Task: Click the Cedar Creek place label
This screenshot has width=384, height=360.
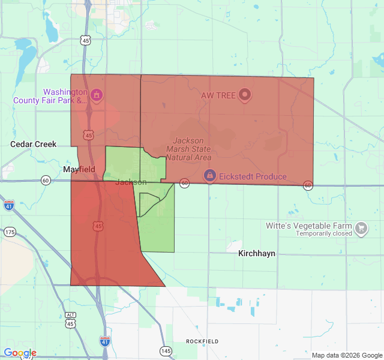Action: click(x=34, y=144)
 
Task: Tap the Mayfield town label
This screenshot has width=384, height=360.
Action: click(x=79, y=170)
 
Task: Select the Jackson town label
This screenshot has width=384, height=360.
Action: click(x=131, y=182)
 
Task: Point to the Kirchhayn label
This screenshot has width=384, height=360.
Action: click(x=257, y=253)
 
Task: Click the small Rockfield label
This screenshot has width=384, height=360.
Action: click(x=202, y=341)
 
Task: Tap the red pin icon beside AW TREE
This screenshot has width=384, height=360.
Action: click(x=244, y=95)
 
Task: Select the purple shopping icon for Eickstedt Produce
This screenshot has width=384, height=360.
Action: click(x=209, y=176)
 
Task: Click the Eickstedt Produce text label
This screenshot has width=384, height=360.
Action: click(x=253, y=176)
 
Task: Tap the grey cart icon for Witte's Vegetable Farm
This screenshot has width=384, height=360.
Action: click(x=361, y=227)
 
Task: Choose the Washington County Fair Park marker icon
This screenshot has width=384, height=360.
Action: click(x=97, y=95)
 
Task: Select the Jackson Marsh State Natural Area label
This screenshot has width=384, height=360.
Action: click(x=188, y=148)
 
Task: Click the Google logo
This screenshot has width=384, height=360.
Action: click(x=20, y=353)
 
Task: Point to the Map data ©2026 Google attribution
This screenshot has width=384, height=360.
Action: click(x=347, y=355)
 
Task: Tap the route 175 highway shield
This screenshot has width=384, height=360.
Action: click(x=10, y=232)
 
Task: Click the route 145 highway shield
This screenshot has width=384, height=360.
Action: click(x=165, y=350)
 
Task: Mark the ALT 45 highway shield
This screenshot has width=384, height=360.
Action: click(x=71, y=320)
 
